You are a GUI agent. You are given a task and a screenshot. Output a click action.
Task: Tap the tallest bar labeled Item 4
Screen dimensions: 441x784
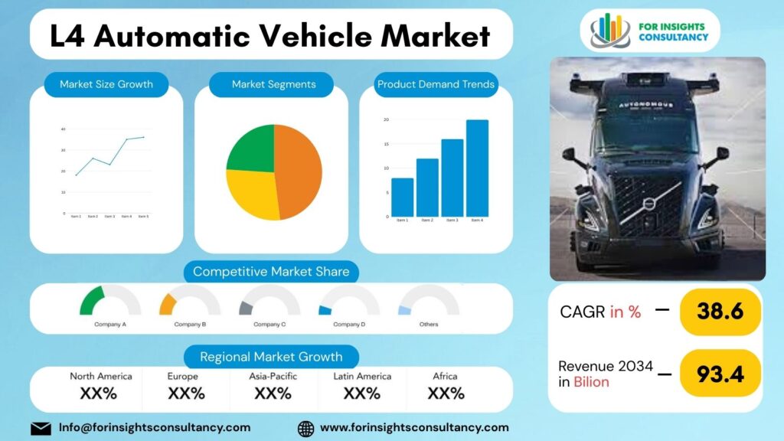tap(477, 168)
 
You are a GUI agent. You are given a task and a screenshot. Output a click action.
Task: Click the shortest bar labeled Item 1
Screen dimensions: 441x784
tap(402, 198)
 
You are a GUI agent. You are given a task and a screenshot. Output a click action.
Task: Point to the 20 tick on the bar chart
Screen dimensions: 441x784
tap(387, 120)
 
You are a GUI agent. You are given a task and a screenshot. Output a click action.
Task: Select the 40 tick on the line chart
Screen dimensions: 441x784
tap(63, 129)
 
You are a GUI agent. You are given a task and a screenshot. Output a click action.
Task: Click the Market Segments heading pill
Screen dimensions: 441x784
tap(273, 84)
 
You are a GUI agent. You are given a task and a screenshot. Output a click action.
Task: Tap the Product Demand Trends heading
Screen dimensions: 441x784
tap(436, 84)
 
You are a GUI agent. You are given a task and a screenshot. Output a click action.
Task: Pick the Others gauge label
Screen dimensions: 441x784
tap(429, 325)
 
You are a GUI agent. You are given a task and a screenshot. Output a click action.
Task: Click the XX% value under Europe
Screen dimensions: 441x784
tap(186, 394)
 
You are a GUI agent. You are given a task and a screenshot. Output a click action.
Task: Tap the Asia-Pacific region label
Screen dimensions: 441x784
tap(273, 376)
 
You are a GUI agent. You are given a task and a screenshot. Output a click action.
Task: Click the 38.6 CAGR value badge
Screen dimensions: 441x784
tap(720, 312)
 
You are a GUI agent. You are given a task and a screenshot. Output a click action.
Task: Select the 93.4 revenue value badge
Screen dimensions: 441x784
tap(720, 374)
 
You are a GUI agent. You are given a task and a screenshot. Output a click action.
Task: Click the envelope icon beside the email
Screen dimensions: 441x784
tap(41, 428)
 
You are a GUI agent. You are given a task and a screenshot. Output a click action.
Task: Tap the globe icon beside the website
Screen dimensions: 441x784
tap(305, 428)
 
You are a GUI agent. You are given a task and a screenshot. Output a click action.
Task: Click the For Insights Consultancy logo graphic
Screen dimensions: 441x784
tap(609, 30)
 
